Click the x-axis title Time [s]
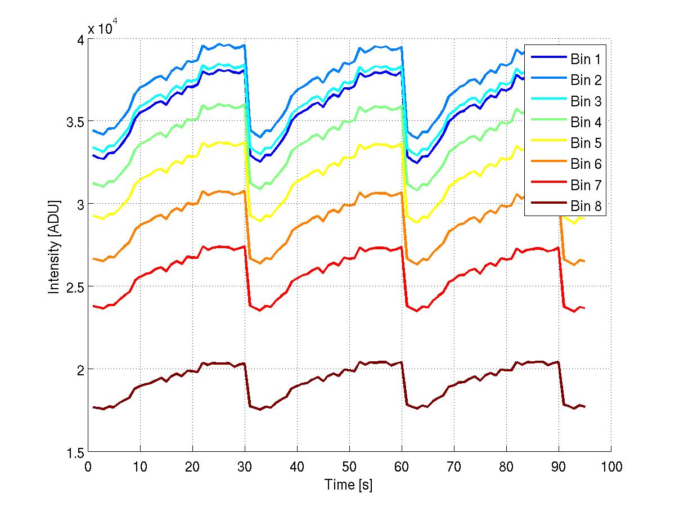tap(348, 484)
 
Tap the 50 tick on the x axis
tap(349, 467)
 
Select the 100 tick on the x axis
tap(611, 467)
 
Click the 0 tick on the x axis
tap(88, 467)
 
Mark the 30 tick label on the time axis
tap(245, 467)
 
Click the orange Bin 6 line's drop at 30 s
tap(247, 225)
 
